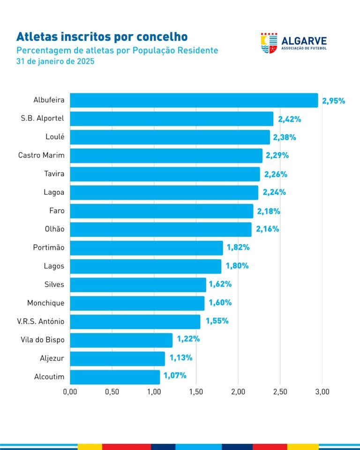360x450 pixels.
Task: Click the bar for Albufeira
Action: point(194,100)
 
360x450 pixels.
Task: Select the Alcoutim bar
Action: point(115,377)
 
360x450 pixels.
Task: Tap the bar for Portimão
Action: point(146,248)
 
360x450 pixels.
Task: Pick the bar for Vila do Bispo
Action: point(121,340)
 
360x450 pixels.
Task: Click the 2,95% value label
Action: point(333,101)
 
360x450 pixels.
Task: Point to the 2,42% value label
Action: point(289,119)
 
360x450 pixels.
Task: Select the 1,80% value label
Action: point(237,266)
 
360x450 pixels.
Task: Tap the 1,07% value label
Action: point(175,376)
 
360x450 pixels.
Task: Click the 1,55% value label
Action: point(217,322)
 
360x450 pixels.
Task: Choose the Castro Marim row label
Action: point(41,156)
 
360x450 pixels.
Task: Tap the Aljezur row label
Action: point(52,359)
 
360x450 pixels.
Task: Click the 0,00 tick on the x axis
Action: point(70,391)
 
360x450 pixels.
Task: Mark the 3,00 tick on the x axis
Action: point(322,391)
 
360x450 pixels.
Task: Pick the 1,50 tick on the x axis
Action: point(196,391)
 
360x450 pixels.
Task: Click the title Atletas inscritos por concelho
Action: point(102,37)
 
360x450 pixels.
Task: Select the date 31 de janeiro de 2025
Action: point(55,61)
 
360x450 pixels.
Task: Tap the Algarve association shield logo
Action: point(269,43)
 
